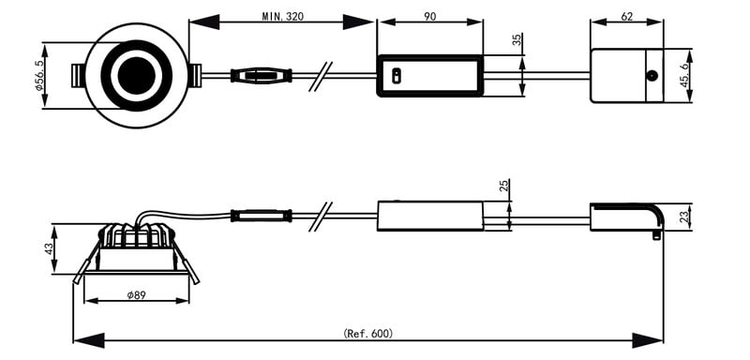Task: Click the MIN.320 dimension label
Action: point(282,16)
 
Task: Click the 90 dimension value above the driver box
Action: point(429,16)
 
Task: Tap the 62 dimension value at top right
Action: point(626,16)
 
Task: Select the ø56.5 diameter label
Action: point(39,75)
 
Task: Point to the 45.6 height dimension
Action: point(685,75)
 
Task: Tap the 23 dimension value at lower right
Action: point(685,217)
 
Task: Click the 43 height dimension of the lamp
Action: point(49,249)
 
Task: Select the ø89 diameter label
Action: point(136,295)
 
